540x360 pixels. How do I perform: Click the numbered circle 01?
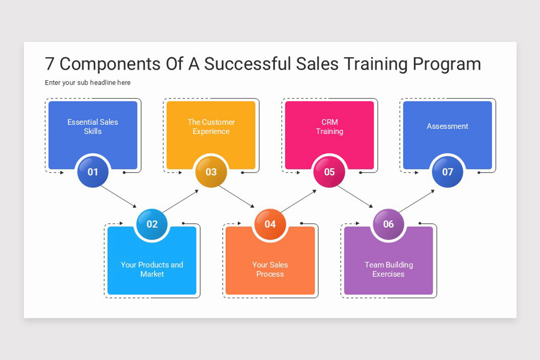point(93,171)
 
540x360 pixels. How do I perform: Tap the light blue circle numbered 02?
point(152,224)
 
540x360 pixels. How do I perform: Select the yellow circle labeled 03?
point(211,171)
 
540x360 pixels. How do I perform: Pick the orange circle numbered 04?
point(270,224)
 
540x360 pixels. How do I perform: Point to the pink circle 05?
point(329,171)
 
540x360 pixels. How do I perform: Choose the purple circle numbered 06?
point(388,224)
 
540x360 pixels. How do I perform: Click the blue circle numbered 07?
point(447,171)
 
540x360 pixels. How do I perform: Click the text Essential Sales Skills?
point(93,126)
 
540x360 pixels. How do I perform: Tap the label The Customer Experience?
point(211,126)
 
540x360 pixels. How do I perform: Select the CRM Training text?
point(329,126)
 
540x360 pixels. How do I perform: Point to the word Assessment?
point(447,126)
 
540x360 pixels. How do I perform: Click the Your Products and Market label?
point(152,269)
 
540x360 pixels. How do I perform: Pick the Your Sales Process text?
point(270,269)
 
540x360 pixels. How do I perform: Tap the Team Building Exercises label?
point(388,269)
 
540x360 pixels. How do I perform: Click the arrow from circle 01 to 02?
point(118,197)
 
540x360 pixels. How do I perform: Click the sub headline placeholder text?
point(88,83)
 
